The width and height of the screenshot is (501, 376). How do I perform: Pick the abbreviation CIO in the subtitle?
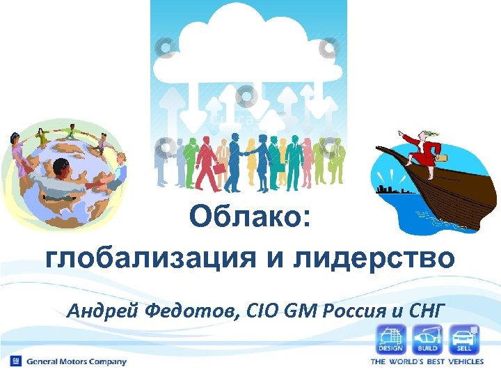coord(262,310)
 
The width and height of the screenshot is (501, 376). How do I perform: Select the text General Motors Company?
coord(77,361)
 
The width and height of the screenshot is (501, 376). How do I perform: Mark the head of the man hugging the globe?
coord(60,169)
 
